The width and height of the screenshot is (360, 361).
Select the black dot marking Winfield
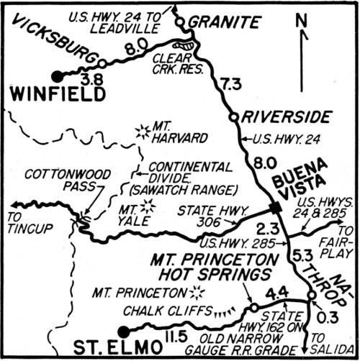pyautogui.click(x=57, y=76)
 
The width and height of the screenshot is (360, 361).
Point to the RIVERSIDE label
pyautogui.click(x=285, y=116)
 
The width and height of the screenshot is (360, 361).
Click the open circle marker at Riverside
pyautogui.click(x=232, y=115)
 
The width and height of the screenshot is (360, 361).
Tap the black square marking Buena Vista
pyautogui.click(x=274, y=209)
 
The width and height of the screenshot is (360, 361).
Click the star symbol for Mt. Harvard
pyautogui.click(x=140, y=131)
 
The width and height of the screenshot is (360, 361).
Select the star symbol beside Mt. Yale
pyautogui.click(x=148, y=206)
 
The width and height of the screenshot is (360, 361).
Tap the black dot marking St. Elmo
pyautogui.click(x=123, y=331)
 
